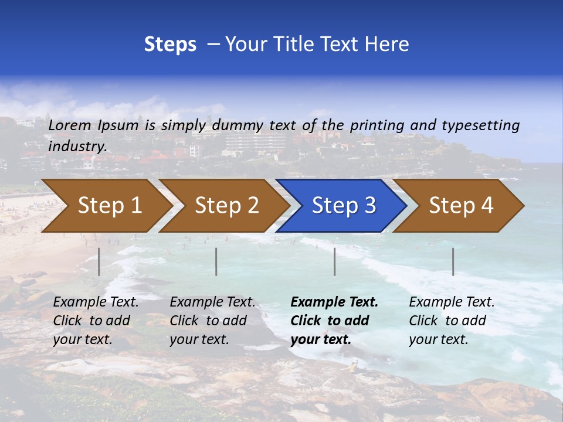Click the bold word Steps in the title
[x=170, y=45]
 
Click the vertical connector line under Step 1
[x=99, y=261]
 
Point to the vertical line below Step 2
[x=216, y=261]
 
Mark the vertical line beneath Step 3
[x=335, y=261]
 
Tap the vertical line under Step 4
[x=453, y=261]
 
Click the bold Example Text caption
[x=334, y=321]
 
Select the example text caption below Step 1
[x=96, y=321]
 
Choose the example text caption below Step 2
[x=212, y=321]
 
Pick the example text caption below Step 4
[x=452, y=321]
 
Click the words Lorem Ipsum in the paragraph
[x=93, y=125]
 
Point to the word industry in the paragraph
[x=77, y=147]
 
